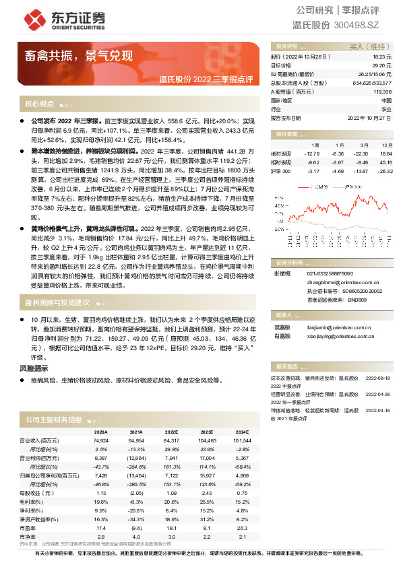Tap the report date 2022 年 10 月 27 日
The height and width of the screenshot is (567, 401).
pos(369,117)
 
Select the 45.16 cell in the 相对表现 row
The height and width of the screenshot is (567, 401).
pos(386,162)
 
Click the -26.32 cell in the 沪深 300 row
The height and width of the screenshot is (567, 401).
pos(385,171)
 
